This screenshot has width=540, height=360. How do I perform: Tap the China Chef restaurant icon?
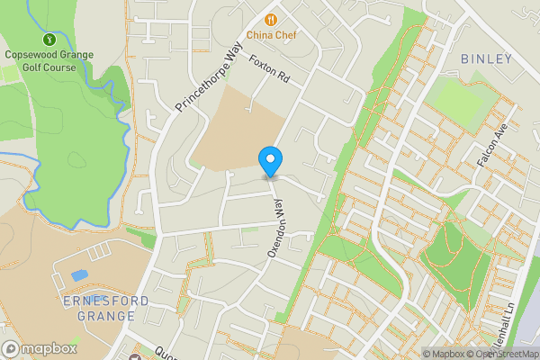pos(269,19)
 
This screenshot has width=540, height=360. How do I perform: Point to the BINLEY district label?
pos(486,59)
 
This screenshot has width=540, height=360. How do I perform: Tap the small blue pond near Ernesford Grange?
pos(78,274)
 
